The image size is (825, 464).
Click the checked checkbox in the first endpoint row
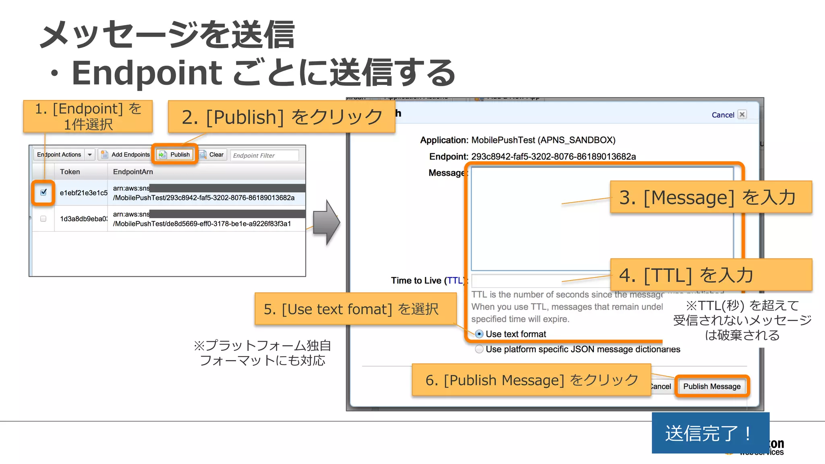(44, 193)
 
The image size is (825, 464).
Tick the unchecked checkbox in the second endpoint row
(44, 219)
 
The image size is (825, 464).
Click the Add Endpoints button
(125, 155)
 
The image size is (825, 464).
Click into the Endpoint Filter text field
(264, 155)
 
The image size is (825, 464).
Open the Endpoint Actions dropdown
(90, 155)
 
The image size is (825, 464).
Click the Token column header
(70, 172)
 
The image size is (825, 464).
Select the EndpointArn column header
(133, 172)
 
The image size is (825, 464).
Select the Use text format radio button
(479, 334)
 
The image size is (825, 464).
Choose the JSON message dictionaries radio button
(479, 349)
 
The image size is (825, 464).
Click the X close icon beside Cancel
(742, 114)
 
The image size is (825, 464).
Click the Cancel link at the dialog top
(723, 115)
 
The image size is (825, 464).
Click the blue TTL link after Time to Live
(455, 280)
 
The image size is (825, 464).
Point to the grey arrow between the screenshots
(326, 222)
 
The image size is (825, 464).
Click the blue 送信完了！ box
(710, 433)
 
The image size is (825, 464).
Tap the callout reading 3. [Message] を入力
(711, 197)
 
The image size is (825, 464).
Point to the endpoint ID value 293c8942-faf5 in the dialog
(553, 156)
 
